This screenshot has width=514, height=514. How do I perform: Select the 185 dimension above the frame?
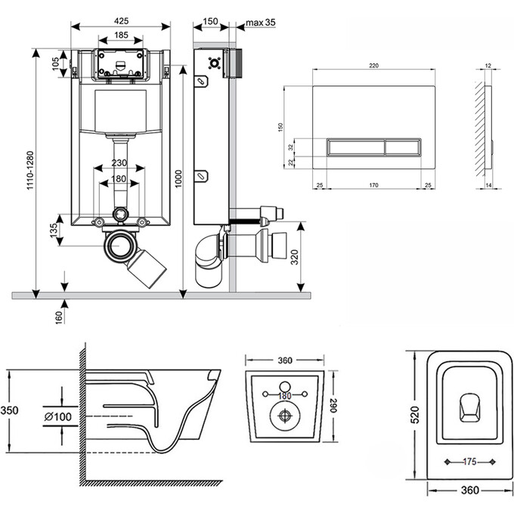pyautogui.click(x=121, y=35)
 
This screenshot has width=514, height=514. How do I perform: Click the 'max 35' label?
pyautogui.click(x=260, y=23)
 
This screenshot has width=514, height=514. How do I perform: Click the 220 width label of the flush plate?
pyautogui.click(x=373, y=67)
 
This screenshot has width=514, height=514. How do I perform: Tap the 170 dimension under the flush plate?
pyautogui.click(x=373, y=184)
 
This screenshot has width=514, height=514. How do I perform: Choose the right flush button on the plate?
pyautogui.click(x=404, y=147)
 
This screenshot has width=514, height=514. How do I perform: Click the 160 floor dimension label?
pyautogui.click(x=57, y=315)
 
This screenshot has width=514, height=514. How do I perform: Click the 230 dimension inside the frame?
pyautogui.click(x=119, y=163)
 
